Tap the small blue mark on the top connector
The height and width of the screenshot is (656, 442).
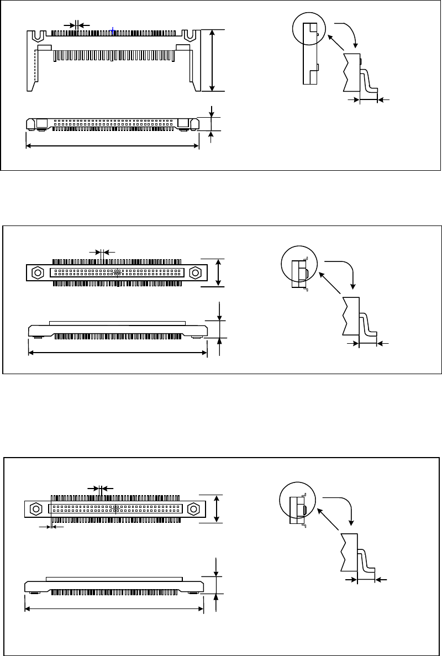tap(113, 31)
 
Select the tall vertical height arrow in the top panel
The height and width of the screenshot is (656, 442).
tap(213, 60)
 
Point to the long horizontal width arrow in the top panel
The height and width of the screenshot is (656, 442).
tap(113, 146)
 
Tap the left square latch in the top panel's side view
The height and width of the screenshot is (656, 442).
tap(41, 123)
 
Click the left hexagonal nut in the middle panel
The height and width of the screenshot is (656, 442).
tap(38, 272)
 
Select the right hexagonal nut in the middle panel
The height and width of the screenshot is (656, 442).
tap(194, 272)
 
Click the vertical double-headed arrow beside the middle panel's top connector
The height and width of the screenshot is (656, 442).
tap(220, 272)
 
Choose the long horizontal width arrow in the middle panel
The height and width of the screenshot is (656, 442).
tap(117, 352)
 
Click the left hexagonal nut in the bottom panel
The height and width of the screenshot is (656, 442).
tap(35, 508)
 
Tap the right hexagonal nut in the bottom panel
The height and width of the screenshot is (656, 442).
tap(193, 508)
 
